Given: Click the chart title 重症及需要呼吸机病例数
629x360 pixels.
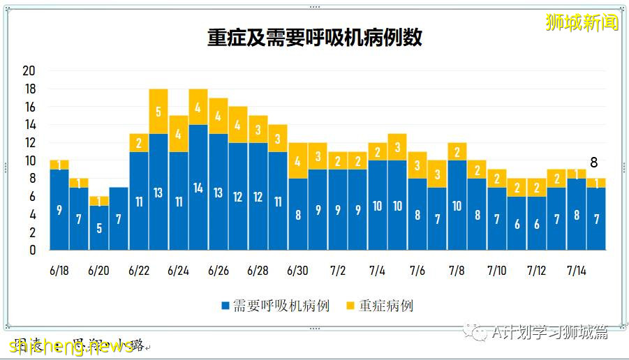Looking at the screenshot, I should point(314,37).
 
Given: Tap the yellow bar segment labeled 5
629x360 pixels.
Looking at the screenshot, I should point(158,112).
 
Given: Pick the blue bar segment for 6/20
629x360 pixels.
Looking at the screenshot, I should point(99,227).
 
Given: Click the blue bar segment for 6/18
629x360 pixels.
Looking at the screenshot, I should point(59,209).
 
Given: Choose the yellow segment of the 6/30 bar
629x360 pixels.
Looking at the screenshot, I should point(298,160).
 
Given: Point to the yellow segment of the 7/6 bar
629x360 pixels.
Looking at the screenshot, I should point(417,165).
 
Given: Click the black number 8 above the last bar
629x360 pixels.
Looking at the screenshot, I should point(594,163).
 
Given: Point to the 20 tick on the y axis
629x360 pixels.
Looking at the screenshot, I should point(29,71).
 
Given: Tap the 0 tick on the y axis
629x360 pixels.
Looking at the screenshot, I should point(32,250).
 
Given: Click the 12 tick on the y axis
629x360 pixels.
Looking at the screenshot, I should point(29,143).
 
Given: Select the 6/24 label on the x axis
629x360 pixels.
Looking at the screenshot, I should point(179,271).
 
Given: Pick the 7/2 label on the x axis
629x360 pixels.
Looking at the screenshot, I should point(338,271).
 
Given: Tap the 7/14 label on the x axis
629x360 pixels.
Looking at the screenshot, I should point(577,271).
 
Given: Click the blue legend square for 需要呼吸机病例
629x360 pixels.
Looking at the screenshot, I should point(225,306).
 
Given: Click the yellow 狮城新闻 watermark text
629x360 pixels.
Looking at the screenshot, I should point(582,22).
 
